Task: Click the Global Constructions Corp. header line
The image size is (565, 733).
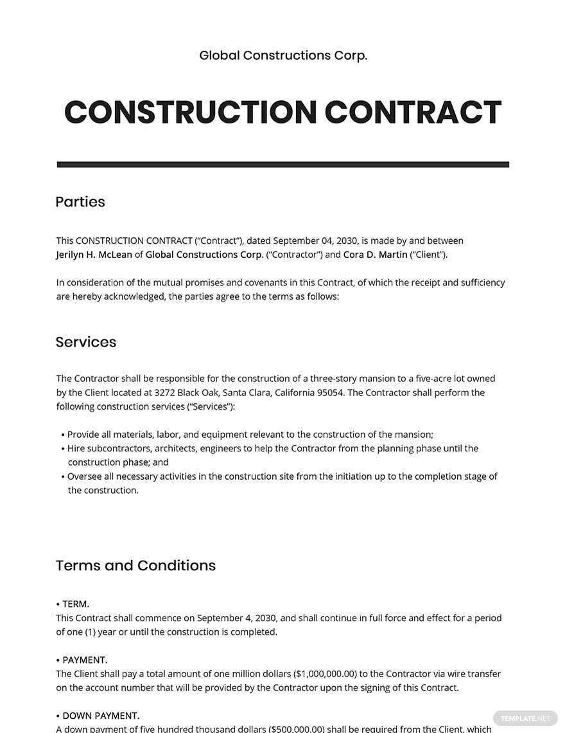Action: click(283, 55)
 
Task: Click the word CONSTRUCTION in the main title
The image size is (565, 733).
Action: click(191, 112)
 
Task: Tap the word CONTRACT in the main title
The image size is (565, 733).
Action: click(413, 112)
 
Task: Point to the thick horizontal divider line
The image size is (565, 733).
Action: click(282, 165)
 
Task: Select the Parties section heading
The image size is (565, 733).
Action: click(80, 202)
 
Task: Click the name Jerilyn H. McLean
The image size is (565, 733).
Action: click(94, 255)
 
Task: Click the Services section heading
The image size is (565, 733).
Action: click(86, 342)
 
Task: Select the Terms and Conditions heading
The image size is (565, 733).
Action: click(135, 566)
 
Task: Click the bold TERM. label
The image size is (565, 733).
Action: click(76, 604)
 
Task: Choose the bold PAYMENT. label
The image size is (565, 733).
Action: click(85, 660)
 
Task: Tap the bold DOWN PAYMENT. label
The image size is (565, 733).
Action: click(101, 716)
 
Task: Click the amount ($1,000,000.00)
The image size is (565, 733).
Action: click(325, 674)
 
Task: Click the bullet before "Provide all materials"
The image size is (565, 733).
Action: click(63, 435)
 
